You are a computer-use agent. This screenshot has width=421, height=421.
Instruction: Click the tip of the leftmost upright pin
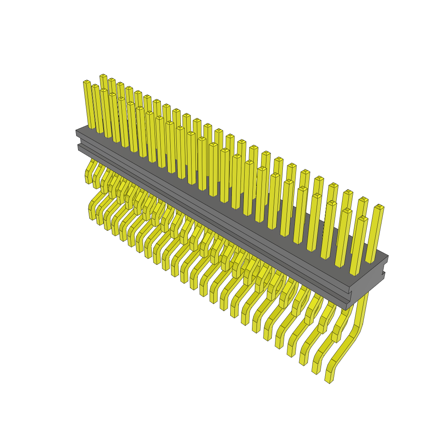click(87, 82)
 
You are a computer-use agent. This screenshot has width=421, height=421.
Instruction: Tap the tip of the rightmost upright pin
click(379, 207)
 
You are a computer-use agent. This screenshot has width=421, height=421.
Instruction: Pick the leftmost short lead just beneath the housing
click(88, 178)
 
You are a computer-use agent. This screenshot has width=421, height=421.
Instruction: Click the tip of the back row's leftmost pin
click(103, 76)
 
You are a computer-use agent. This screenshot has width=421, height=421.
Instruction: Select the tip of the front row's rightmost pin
click(362, 219)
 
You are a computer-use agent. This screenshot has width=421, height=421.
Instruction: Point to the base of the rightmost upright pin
click(371, 261)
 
